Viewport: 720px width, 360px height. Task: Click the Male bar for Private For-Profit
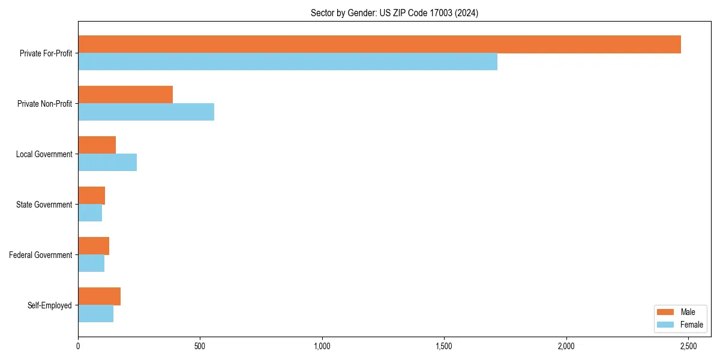point(379,44)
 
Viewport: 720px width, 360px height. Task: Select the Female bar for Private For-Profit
point(287,62)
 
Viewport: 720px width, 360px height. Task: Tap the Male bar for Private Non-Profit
point(125,95)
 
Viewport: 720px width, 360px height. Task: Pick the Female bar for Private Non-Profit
point(146,112)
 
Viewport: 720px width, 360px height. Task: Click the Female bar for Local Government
point(107,163)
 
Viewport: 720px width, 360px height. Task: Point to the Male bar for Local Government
point(97,145)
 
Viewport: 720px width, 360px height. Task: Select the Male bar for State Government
point(91,196)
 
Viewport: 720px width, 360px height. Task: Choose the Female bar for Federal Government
point(91,263)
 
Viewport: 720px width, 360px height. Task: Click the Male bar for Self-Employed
point(99,296)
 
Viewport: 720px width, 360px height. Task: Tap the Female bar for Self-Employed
point(95,314)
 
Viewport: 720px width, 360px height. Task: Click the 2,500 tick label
point(688,347)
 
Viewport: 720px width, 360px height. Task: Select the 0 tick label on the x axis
point(78,347)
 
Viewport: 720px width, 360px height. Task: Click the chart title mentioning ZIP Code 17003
point(394,13)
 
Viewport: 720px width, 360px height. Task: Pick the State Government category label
point(44,205)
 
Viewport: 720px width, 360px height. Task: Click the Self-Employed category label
point(49,305)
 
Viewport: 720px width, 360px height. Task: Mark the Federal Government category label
point(40,255)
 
